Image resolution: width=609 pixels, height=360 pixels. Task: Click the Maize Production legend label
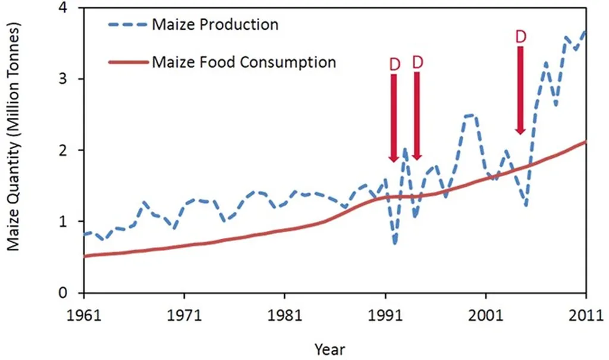point(215,25)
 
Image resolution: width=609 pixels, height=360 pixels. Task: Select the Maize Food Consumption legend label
point(244,61)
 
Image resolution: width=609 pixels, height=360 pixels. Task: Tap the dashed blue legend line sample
point(127,26)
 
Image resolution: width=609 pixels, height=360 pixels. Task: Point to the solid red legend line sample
point(127,62)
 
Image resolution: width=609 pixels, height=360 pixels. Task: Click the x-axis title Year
point(329,348)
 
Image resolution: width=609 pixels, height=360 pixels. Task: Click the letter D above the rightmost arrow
point(520,37)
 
